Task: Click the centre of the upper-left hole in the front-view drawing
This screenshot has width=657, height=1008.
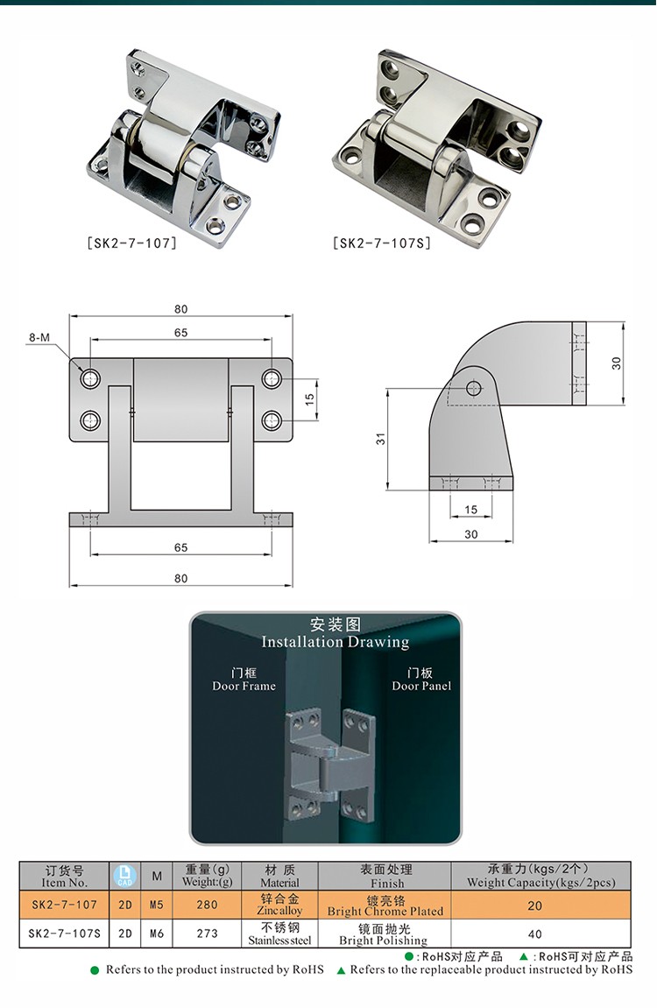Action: pyautogui.click(x=90, y=378)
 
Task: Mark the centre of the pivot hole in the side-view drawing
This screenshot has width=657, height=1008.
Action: pyautogui.click(x=474, y=388)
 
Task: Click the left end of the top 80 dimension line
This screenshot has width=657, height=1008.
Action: pyautogui.click(x=69, y=316)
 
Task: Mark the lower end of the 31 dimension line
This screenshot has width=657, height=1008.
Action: pyautogui.click(x=388, y=490)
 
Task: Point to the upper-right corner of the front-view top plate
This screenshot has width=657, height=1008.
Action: pyautogui.click(x=293, y=358)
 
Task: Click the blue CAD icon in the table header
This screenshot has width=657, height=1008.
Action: pyautogui.click(x=124, y=876)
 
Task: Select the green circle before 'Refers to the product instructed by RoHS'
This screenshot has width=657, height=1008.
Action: pyautogui.click(x=95, y=970)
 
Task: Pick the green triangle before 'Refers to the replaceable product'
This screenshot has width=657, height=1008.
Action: pyautogui.click(x=342, y=970)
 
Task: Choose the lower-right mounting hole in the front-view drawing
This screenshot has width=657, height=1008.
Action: pyautogui.click(x=272, y=420)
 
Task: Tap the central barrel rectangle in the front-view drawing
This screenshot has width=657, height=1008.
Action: pyautogui.click(x=181, y=399)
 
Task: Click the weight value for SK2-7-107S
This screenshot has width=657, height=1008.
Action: pyautogui.click(x=207, y=934)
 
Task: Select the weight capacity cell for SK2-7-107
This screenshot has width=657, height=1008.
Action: pyautogui.click(x=535, y=906)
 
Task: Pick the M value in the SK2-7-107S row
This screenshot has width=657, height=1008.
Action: pyautogui.click(x=157, y=934)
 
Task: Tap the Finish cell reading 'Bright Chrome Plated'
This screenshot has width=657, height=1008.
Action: pyautogui.click(x=385, y=906)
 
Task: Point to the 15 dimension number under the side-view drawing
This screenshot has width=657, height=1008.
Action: pyautogui.click(x=471, y=509)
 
